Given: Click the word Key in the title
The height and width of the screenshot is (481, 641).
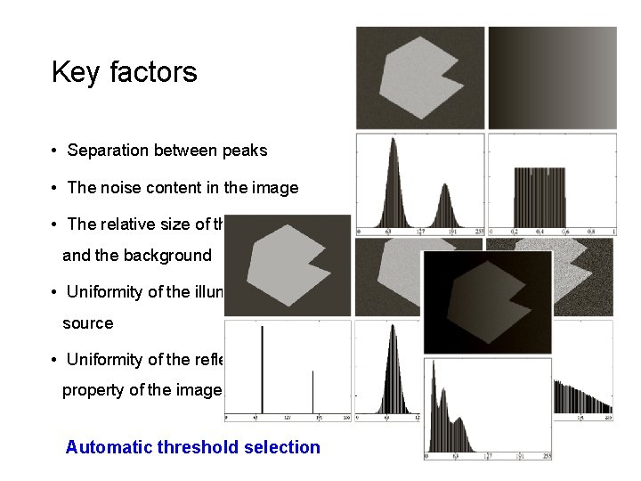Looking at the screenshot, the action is tap(75, 72).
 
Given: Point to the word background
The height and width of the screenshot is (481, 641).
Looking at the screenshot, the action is tap(167, 256).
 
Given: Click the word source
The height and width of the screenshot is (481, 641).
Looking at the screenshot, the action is tap(87, 323).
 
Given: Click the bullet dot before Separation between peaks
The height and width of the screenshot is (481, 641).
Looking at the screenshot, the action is tap(55, 151).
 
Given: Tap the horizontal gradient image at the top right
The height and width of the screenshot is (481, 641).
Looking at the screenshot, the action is tap(552, 77).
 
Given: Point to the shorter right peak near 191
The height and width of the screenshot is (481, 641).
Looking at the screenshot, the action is tap(444, 205).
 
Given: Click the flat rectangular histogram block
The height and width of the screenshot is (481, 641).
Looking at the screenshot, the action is tap(552, 196).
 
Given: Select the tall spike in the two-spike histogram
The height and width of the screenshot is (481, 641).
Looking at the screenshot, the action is tap(263, 369).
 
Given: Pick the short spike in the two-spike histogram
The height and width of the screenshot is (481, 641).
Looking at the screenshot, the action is tap(312, 392).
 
